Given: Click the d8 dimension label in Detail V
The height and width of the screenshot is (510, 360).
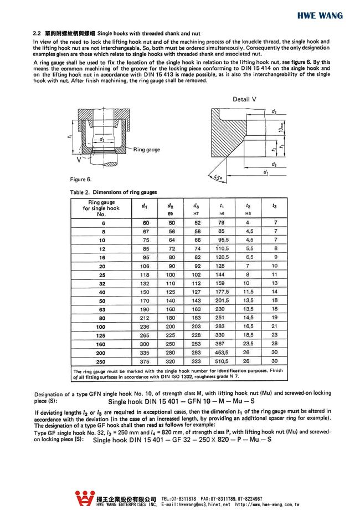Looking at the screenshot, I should tap(275, 165).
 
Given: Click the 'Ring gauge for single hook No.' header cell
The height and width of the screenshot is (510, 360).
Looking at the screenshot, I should tap(101, 208).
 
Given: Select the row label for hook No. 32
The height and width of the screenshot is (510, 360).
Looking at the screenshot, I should tap(101, 283).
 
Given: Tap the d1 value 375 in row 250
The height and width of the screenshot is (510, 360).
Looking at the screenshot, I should tap(145, 360).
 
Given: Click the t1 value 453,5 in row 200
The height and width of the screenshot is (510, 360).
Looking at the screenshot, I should tap(222, 352).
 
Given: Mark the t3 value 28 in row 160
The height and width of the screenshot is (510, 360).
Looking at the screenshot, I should tap(275, 343).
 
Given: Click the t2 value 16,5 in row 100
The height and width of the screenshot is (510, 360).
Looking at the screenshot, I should tap(249, 326).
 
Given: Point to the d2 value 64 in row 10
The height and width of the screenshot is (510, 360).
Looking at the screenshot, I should tap(171, 240).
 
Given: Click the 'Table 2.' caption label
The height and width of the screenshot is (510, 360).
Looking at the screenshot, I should tap(78, 192).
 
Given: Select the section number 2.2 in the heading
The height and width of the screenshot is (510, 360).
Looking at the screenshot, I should tap(38, 34).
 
